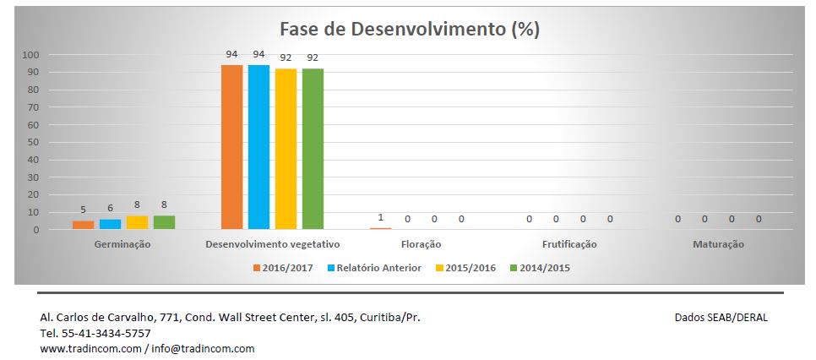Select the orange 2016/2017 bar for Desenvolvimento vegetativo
(231, 147)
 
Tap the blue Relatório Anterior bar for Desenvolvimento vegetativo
(258, 147)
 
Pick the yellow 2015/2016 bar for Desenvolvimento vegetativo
(286, 149)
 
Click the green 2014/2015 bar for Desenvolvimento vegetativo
(313, 149)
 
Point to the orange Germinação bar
(83, 225)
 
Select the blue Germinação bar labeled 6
(110, 224)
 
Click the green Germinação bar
(164, 222)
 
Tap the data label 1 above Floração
(381, 217)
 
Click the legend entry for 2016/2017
(284, 268)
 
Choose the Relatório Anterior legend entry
(378, 268)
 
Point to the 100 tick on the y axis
(30, 55)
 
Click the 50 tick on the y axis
(33, 142)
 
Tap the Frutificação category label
(569, 244)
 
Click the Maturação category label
(718, 244)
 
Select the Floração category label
(421, 244)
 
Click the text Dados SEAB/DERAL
(721, 317)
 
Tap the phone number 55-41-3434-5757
(106, 333)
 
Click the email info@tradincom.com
(203, 348)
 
